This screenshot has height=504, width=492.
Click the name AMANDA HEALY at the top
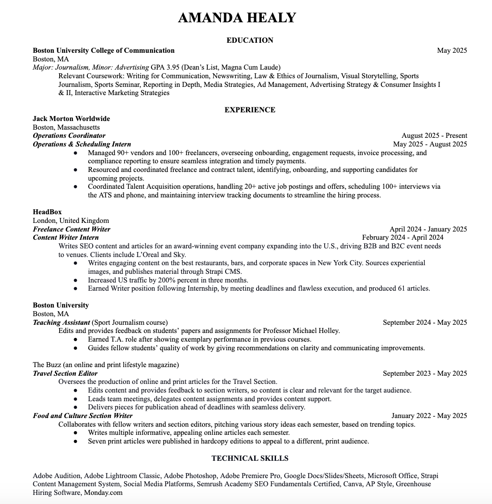tap(237, 18)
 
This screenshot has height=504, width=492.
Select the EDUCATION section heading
tap(250, 40)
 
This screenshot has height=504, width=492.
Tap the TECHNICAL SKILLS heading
tap(250, 458)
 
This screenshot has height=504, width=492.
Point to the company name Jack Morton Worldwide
tap(71, 119)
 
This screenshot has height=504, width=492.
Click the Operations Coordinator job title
tap(69, 136)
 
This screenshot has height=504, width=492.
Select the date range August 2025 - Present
tap(434, 136)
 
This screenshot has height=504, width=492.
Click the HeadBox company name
tap(47, 212)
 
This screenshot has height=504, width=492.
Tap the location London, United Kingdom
tap(71, 221)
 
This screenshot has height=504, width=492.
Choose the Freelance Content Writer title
tap(71, 229)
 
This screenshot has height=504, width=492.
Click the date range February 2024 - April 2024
tap(402, 237)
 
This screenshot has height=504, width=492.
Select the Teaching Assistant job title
tap(61, 323)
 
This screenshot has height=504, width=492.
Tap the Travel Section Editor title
tap(65, 373)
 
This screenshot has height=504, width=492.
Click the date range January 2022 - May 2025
tap(429, 416)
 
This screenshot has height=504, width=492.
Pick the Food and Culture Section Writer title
tap(83, 416)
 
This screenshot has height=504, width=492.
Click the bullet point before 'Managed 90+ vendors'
tap(75, 153)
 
